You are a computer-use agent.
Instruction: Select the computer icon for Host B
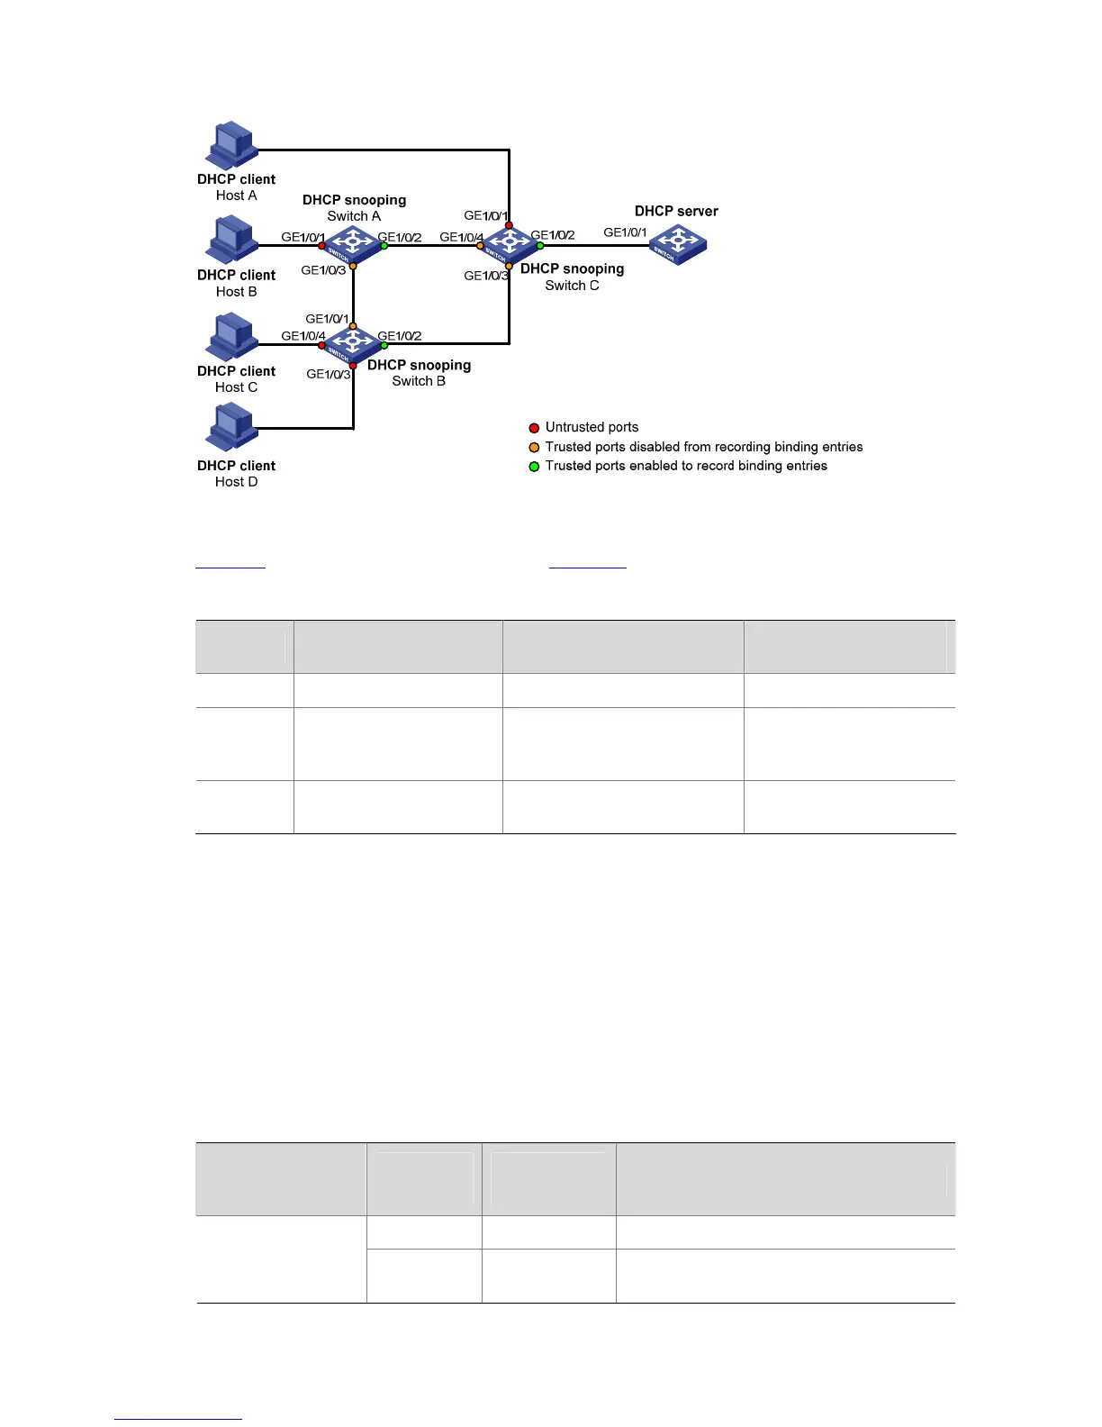tap(233, 240)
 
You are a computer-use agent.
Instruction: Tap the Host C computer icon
tap(233, 336)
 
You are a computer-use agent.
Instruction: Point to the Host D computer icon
tap(233, 427)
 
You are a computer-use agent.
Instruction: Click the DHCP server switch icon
tap(678, 244)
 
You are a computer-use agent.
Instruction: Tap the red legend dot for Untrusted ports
tap(534, 428)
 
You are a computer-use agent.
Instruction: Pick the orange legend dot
tap(534, 448)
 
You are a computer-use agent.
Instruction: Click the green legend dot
tap(534, 467)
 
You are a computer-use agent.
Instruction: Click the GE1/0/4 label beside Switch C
tap(461, 238)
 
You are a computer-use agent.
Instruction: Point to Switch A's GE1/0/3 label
tap(323, 270)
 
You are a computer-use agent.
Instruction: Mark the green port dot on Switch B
tap(384, 345)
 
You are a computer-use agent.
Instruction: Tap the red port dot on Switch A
tap(321, 245)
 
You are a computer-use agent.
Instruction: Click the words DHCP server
tap(676, 212)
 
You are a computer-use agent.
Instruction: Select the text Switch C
tap(572, 286)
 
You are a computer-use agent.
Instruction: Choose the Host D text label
tap(236, 482)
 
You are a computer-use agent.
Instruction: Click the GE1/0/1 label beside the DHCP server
tap(625, 232)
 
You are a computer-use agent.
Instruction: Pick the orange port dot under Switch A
tap(353, 267)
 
